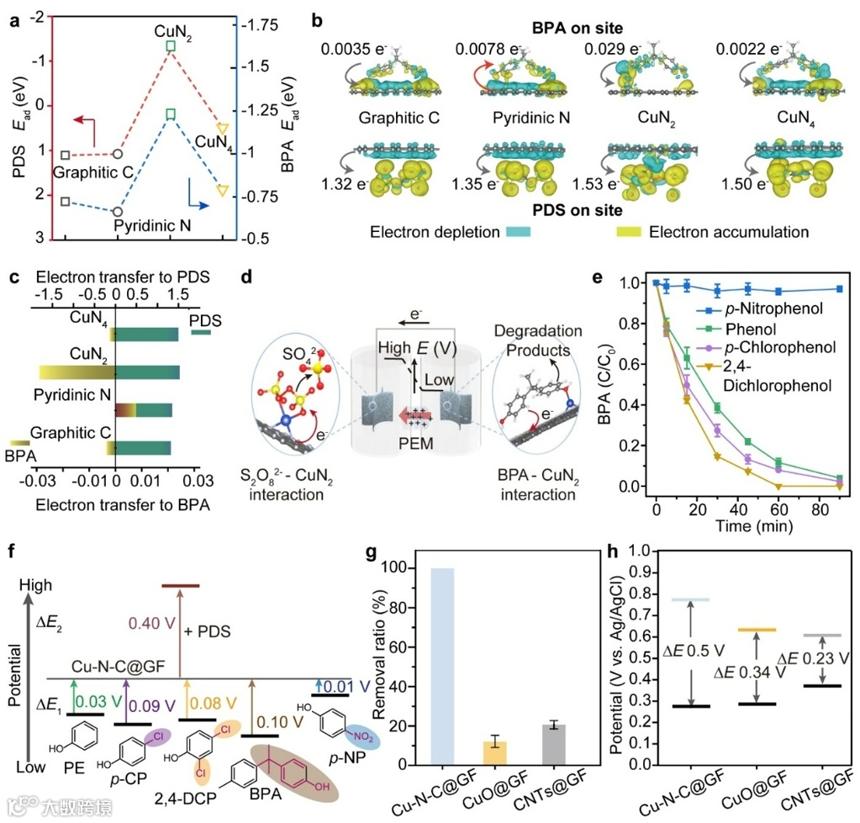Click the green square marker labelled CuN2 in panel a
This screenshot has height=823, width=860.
coord(171,45)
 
